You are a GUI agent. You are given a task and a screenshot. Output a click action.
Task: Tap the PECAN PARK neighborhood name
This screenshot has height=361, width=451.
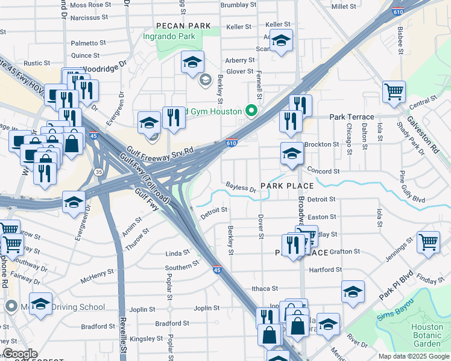183,26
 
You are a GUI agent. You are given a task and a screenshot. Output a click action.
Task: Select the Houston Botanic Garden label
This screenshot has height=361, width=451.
426,335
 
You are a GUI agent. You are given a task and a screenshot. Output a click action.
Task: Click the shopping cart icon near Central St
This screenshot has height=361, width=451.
394,92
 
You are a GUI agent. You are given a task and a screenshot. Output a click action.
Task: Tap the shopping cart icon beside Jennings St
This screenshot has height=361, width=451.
428,242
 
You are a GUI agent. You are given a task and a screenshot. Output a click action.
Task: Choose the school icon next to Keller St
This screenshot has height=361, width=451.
281,42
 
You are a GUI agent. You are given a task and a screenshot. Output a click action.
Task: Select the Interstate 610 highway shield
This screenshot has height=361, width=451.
232,143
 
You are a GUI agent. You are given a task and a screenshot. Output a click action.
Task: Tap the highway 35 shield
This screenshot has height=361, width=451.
98,172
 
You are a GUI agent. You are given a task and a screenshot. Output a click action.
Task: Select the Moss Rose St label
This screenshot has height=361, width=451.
87,5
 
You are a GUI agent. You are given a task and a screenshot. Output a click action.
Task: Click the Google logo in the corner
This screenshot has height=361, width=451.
19,354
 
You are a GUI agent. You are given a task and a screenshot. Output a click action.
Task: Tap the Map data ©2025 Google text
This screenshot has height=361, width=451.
413,356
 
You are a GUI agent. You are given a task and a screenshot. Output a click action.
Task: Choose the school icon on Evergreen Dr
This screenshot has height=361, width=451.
74,202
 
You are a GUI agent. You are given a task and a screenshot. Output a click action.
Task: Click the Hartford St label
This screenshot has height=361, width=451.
325,270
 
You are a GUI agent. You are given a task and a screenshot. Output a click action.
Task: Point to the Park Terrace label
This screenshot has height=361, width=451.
351,117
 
